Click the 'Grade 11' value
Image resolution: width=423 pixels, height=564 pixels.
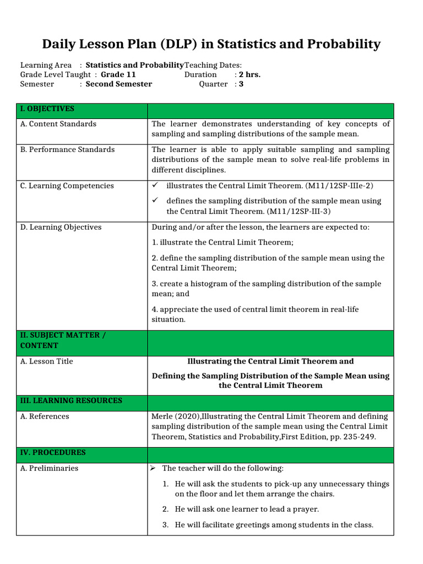coord(118,74)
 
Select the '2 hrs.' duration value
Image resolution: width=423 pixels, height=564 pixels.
coord(250,74)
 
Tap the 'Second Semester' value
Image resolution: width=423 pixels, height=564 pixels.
coord(119,84)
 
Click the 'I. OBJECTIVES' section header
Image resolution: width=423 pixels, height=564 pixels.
coord(47,109)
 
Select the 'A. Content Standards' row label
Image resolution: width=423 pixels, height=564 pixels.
coord(58,124)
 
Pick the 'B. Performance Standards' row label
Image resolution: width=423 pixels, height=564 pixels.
coord(67,150)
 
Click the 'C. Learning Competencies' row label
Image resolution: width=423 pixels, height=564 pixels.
coord(67,186)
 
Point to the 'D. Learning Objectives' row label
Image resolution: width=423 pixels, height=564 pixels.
coord(61,227)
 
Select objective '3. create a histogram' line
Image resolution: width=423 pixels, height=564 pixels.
coord(266,284)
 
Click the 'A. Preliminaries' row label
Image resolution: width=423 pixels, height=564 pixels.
coord(49,468)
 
